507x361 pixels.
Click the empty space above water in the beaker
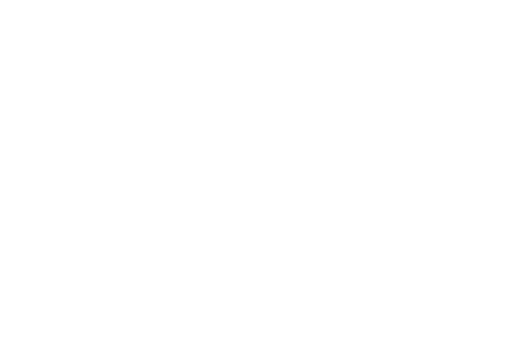coord(293,267)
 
